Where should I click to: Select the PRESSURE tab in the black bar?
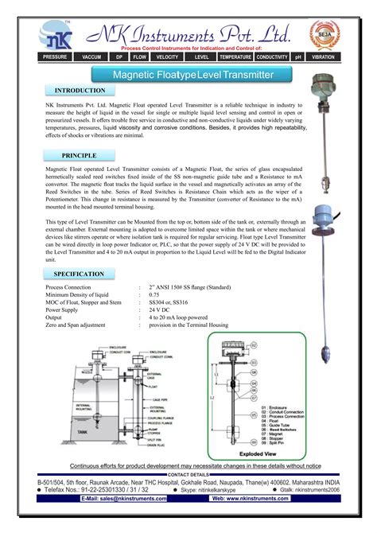pos(55,58)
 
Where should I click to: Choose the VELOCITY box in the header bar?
pos(167,58)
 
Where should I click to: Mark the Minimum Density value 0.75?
pos(152,294)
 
